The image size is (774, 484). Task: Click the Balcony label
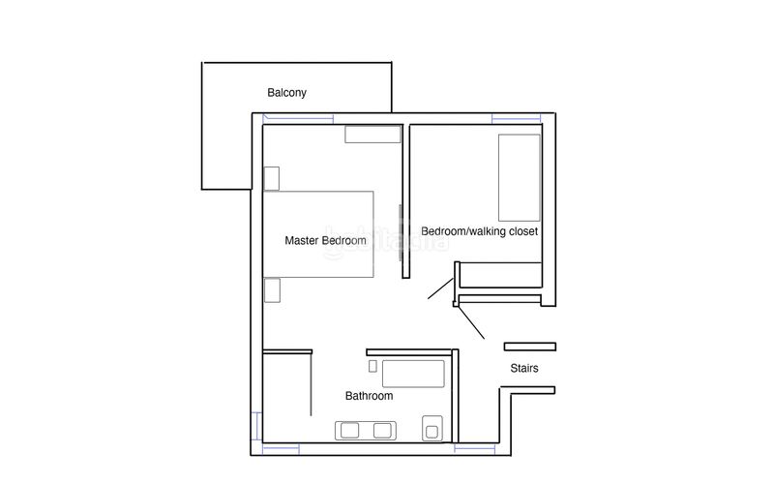[x=286, y=93]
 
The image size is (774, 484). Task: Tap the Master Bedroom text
[x=325, y=240]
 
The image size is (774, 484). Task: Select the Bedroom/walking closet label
[x=479, y=231]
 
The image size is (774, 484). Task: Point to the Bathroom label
[x=370, y=396]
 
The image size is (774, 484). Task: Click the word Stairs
[x=524, y=368]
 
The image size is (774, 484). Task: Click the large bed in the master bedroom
[x=318, y=234]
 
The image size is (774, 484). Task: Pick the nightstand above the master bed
[x=272, y=179]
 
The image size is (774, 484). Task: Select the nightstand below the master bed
[x=272, y=290]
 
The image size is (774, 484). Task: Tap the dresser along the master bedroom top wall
[x=372, y=135]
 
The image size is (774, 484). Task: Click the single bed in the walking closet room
[x=520, y=178]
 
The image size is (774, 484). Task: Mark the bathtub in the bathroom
[x=413, y=374]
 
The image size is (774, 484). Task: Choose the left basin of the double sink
[x=350, y=430]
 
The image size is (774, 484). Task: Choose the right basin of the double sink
[x=382, y=430]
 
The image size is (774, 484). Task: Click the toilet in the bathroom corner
[x=432, y=429]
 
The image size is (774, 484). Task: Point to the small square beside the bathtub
[x=373, y=366]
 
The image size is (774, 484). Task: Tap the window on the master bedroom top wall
[x=298, y=118]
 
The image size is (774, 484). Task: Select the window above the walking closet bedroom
[x=517, y=118]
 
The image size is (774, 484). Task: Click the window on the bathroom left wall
[x=256, y=426]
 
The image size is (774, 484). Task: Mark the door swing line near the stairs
[x=471, y=322]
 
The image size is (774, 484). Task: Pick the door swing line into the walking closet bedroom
[x=441, y=288]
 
